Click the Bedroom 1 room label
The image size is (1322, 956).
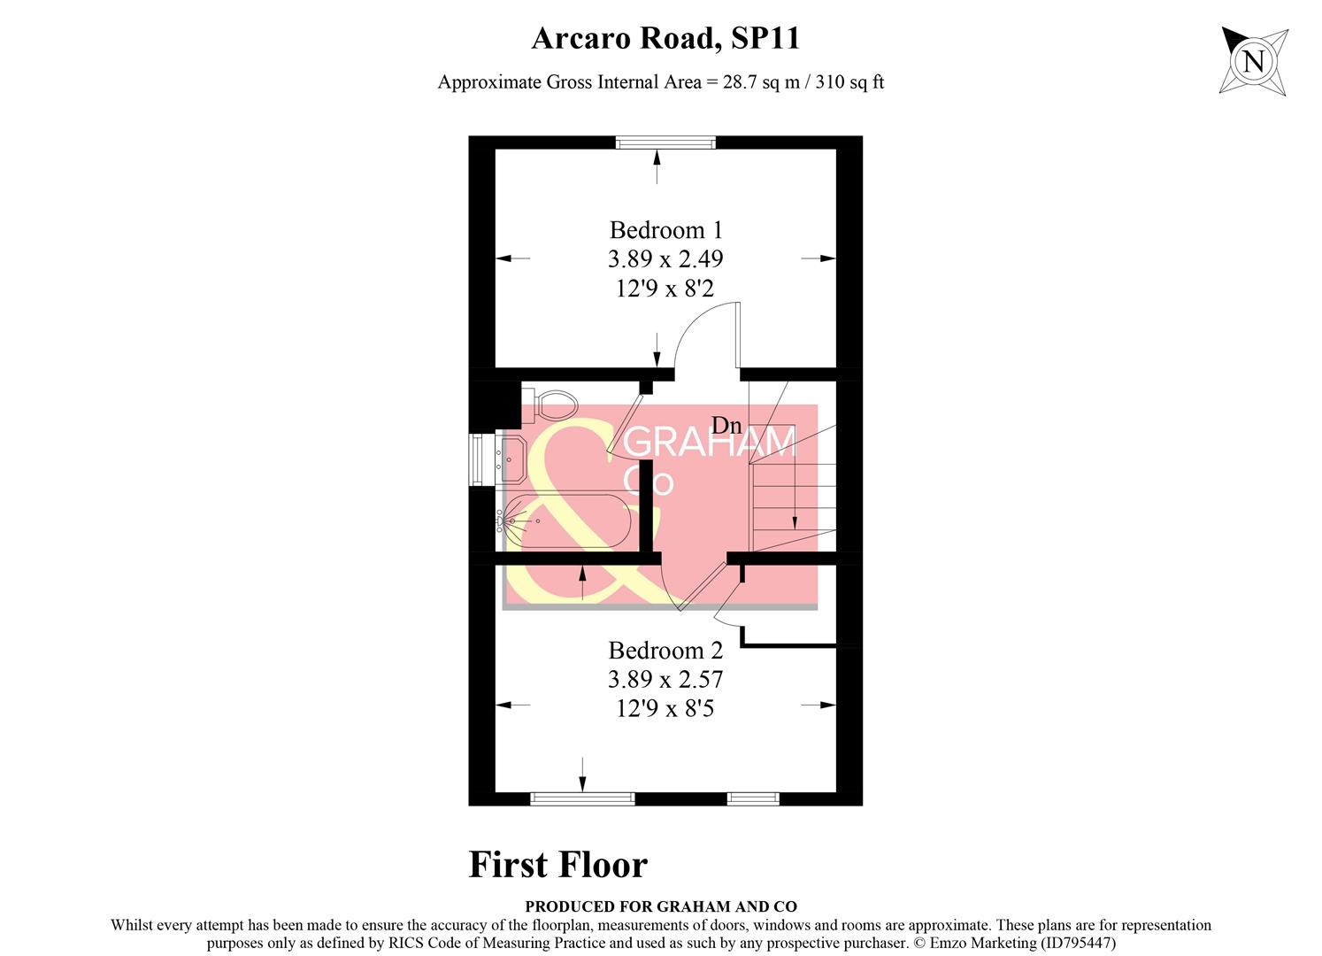coord(665,230)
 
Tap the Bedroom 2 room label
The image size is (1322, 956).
coord(665,651)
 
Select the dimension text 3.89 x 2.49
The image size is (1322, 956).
coord(665,259)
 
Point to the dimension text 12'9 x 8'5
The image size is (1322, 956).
coord(665,708)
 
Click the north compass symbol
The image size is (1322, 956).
coord(1252,60)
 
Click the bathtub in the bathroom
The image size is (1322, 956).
coord(566,522)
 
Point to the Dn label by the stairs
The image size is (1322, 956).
coord(726,426)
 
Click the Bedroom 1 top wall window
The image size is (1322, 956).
coord(665,143)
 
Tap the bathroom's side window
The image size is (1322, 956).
coord(477,459)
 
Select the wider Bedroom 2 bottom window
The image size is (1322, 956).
coord(582,798)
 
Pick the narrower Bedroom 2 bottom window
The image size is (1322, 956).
coord(753,798)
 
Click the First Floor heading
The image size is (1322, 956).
coord(557,865)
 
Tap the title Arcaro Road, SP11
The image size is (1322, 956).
coord(665,38)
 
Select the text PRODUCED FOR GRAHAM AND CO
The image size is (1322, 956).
coord(660,906)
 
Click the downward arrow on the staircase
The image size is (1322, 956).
coord(795,496)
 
